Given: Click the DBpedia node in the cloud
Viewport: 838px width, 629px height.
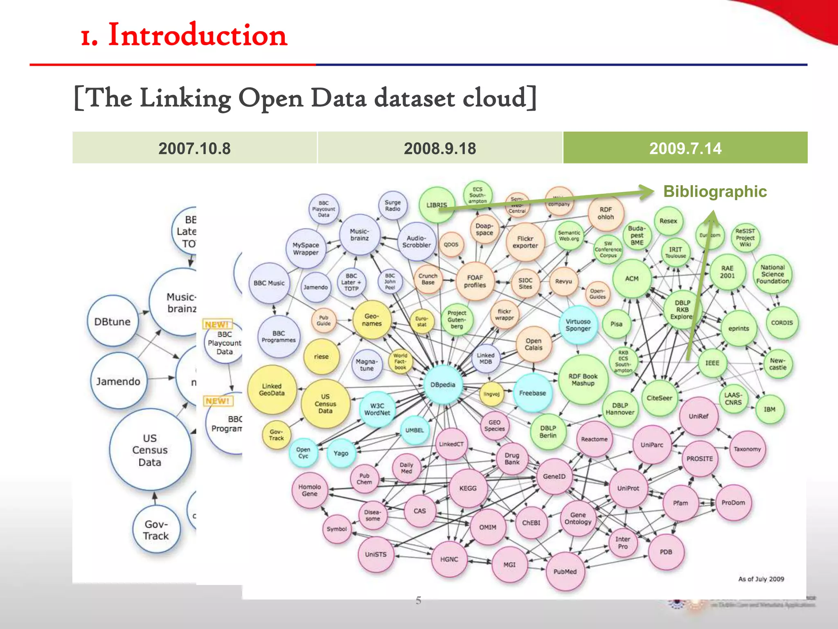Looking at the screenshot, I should [443, 385].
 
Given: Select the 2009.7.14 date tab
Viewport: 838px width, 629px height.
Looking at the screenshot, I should [685, 148].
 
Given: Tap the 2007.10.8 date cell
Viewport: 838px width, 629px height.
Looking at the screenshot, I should [194, 148].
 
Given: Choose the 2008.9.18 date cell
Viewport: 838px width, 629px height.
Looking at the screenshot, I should [440, 148].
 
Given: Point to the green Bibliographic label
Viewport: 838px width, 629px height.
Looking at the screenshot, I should [715, 191].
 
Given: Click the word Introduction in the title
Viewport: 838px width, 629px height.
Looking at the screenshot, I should [197, 35].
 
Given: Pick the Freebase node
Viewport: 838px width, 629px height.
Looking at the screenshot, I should [532, 393].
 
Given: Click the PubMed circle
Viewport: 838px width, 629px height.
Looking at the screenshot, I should [565, 571].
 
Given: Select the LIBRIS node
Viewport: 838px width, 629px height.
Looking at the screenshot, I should [437, 205].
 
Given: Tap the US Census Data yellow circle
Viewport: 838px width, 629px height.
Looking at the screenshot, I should [325, 403].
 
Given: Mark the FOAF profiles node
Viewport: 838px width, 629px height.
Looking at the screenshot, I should [475, 281].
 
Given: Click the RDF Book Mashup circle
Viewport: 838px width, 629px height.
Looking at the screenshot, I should [583, 380].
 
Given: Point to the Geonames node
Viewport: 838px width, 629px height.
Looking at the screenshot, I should [372, 319].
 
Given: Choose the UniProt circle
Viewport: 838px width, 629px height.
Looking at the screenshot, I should [628, 488].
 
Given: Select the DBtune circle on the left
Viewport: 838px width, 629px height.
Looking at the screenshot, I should [113, 321].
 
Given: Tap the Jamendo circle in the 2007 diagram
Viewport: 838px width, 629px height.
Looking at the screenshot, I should [118, 381].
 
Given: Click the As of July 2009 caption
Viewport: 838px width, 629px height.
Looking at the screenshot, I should [761, 579].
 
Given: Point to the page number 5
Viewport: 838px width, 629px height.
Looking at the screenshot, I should [418, 600].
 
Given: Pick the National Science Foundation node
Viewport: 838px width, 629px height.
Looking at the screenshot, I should [772, 274].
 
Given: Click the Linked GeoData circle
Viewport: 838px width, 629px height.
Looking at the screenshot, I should [272, 389].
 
